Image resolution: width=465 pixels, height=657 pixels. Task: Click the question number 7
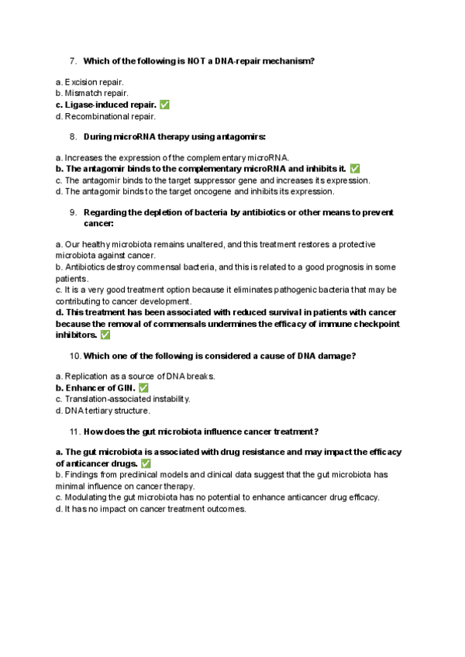coord(72,60)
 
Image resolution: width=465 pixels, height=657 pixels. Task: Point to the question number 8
coord(72,136)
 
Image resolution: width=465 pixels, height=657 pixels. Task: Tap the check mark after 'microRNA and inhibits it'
coord(355,168)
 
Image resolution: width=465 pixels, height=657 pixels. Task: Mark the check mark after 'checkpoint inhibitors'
coord(105,335)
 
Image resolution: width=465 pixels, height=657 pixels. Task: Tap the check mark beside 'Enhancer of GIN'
coord(143,387)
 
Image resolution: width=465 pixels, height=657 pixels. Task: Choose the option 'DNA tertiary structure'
coord(101,411)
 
